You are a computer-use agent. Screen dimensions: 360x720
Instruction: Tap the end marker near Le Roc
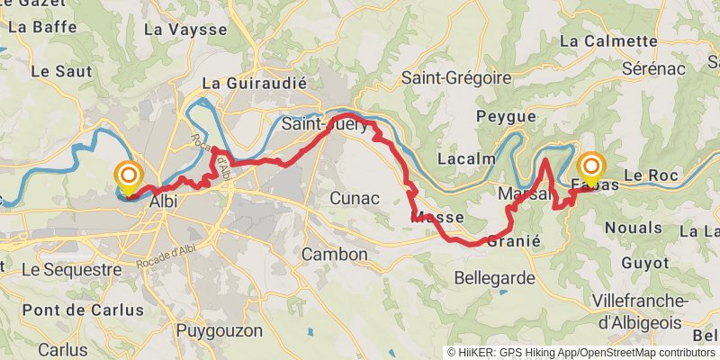(x=591, y=168)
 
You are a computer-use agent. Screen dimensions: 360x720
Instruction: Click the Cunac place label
(x=355, y=198)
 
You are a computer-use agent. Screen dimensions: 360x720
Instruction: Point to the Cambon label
(x=335, y=255)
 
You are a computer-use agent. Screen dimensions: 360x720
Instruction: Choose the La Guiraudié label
(x=255, y=83)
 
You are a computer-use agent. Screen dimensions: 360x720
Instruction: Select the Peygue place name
(x=506, y=116)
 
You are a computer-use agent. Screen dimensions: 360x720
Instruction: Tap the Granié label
(x=513, y=241)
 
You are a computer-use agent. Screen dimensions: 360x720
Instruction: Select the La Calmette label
(x=608, y=40)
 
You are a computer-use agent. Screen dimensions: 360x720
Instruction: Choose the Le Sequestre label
(x=71, y=269)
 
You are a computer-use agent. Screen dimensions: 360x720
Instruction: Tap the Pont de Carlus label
(x=83, y=310)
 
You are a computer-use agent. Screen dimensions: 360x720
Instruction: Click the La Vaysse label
(x=185, y=30)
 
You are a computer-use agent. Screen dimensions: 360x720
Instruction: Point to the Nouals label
(x=634, y=229)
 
